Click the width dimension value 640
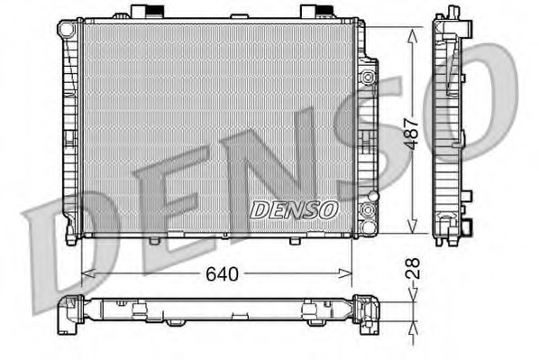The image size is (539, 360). coord(222,272)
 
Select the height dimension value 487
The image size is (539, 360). coord(413,133)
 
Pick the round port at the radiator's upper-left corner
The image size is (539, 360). coord(68,30)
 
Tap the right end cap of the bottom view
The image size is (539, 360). coord(366,312)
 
